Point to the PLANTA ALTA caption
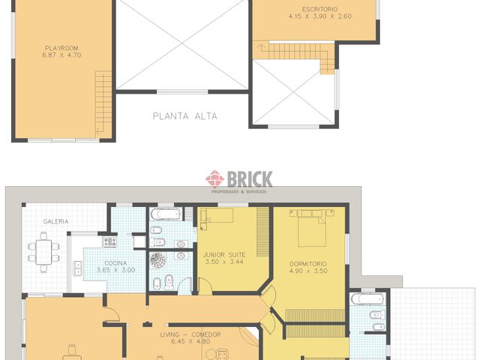point(184,116)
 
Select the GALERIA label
point(55,221)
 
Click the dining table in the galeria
point(43,250)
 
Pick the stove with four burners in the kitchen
point(110,242)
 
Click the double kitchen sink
point(77,267)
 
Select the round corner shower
point(159,259)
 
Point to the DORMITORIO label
point(308,263)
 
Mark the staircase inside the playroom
point(103,104)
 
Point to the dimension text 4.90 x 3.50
point(308,271)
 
